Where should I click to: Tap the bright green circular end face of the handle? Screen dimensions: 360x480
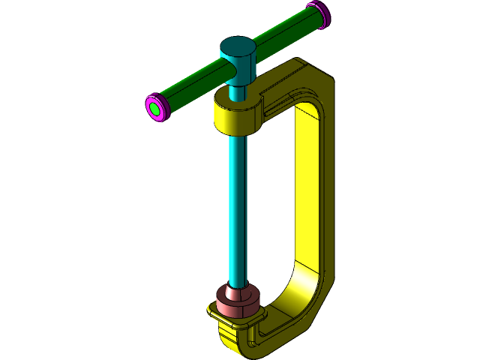[154, 109]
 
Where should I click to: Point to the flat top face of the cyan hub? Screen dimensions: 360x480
[238, 47]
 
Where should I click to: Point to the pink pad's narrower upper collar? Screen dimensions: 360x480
[238, 291]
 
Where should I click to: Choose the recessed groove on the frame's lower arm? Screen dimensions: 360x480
[285, 314]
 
